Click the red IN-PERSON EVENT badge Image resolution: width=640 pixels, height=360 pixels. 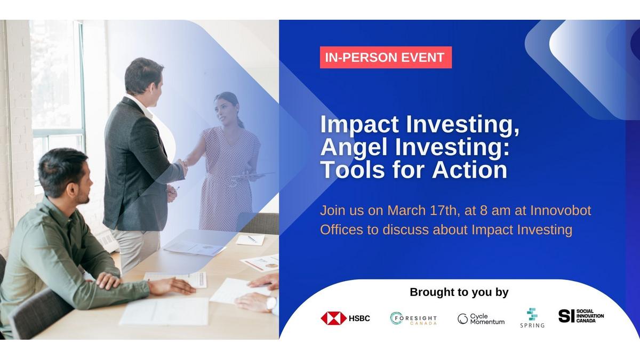[386, 58]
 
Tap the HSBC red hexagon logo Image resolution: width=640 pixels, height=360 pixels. [333, 318]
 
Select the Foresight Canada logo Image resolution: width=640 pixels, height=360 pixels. [413, 318]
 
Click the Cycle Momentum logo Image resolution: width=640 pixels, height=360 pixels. [481, 319]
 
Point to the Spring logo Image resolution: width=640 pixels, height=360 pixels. [532, 318]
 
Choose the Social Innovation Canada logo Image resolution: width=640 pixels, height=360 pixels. [581, 316]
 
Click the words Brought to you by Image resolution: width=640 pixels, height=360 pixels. [459, 292]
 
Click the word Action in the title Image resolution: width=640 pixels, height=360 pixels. [469, 170]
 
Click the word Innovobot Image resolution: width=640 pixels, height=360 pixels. [561, 211]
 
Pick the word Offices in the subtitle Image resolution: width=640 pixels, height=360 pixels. [341, 230]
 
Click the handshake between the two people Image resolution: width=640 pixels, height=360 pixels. [182, 165]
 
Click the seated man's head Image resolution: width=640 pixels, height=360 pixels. [65, 175]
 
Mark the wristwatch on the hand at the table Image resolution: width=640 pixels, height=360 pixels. [271, 303]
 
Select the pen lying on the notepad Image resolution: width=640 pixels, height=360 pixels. [252, 239]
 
